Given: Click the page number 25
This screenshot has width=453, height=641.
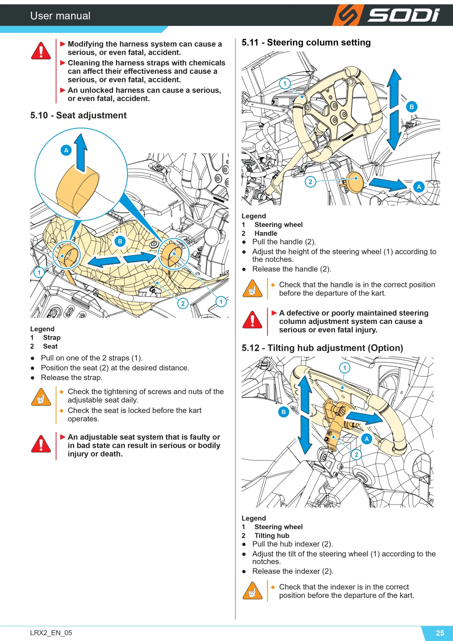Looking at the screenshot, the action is (x=440, y=633).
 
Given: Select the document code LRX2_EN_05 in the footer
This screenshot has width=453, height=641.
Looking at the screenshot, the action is (x=51, y=633).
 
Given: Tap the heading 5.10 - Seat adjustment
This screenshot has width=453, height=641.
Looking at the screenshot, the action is (x=78, y=115).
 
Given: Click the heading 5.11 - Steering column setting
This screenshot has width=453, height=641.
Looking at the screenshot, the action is (x=306, y=42).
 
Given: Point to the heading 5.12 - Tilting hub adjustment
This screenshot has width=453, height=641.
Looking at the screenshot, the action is (x=322, y=348).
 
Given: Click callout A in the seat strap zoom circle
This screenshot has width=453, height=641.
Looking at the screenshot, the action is (x=66, y=150).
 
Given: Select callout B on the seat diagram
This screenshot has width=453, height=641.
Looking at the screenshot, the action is (x=120, y=241).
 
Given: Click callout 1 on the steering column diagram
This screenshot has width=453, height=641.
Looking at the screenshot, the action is (x=285, y=83).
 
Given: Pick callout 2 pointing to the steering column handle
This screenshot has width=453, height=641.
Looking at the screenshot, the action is (x=310, y=182).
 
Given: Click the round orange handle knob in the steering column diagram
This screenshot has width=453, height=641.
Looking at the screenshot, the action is (x=354, y=183).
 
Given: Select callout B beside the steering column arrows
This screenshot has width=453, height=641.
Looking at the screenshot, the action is (x=411, y=107).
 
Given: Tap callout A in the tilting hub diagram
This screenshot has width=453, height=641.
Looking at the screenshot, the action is (x=366, y=439).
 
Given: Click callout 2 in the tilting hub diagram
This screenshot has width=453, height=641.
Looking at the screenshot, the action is (x=356, y=454).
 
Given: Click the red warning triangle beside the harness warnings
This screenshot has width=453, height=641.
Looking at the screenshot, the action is (x=41, y=51).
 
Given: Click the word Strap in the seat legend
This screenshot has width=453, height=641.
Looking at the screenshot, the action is (x=52, y=338).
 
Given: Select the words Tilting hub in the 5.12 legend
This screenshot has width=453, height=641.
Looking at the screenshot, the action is (x=272, y=536).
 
